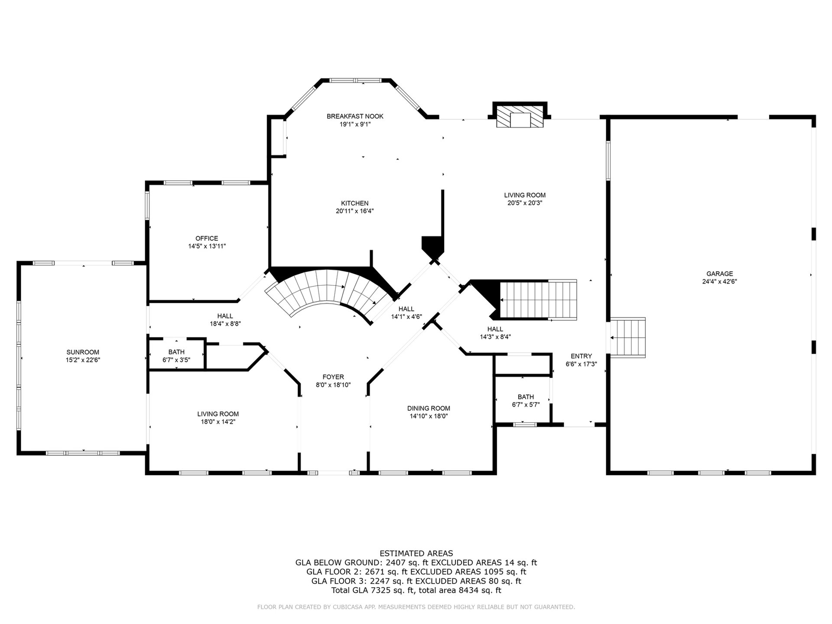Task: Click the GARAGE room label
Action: pyautogui.click(x=719, y=273)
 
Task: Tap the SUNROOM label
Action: pyautogui.click(x=83, y=352)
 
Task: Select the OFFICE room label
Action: pyautogui.click(x=207, y=238)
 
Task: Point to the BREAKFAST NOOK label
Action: pyautogui.click(x=355, y=116)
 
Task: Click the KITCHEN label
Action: pyautogui.click(x=354, y=203)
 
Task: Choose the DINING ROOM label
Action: pyautogui.click(x=429, y=408)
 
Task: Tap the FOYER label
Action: pyautogui.click(x=333, y=377)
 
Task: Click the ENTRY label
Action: pyautogui.click(x=581, y=356)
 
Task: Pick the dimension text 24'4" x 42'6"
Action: pyautogui.click(x=719, y=281)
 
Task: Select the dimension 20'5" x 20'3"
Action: pyautogui.click(x=525, y=203)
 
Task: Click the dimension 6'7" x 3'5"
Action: pyautogui.click(x=176, y=360)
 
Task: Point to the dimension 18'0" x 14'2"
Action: pyautogui.click(x=218, y=422)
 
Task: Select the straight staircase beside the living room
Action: pyautogui.click(x=539, y=300)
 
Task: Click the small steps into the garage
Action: pyautogui.click(x=628, y=337)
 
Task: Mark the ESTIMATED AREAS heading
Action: pyautogui.click(x=416, y=553)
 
